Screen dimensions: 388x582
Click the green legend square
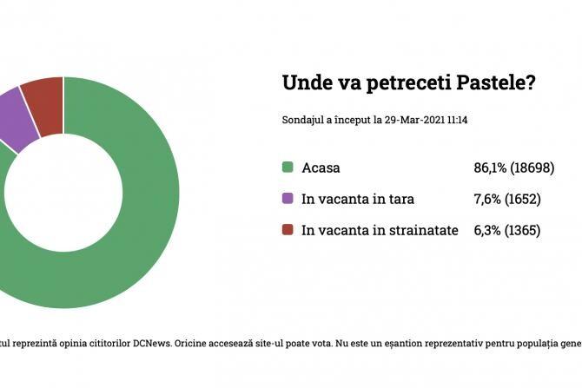click(x=288, y=168)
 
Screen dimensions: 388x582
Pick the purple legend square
click(x=288, y=199)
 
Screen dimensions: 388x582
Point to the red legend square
click(x=288, y=230)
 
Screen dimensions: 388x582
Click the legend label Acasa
click(x=321, y=168)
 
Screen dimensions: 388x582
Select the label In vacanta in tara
click(x=357, y=199)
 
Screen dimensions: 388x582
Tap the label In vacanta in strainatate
click(x=380, y=230)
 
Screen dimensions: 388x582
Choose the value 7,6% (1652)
click(x=506, y=199)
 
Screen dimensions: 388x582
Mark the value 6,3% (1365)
click(x=506, y=230)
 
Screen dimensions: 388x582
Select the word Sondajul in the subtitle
click(x=302, y=121)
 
